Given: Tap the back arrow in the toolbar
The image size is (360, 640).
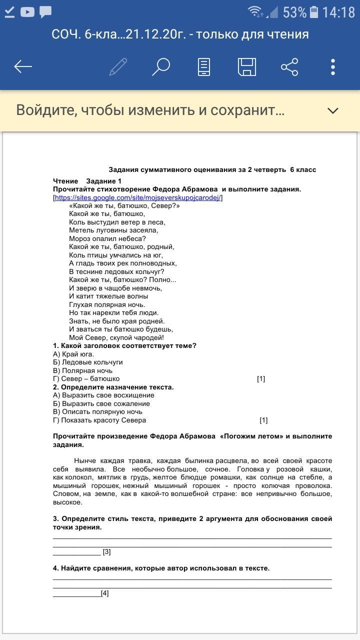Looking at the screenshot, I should click(23, 66).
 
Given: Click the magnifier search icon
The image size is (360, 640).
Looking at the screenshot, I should click(161, 66).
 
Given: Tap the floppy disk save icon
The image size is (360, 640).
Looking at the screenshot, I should click(246, 66).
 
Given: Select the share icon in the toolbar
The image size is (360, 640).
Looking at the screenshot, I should click(289, 66).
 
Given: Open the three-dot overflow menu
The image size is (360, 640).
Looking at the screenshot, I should click(333, 66).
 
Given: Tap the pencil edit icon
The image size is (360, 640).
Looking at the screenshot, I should click(118, 66).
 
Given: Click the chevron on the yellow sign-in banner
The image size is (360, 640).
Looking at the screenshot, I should click(333, 110).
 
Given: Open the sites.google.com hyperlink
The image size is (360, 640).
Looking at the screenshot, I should click(137, 197).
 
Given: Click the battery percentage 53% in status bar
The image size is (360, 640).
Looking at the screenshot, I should click(294, 12).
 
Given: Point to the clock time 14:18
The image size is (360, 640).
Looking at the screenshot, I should click(338, 12).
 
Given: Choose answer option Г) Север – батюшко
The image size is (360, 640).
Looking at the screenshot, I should click(86, 379).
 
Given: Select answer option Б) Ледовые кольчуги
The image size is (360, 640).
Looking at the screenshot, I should click(88, 362).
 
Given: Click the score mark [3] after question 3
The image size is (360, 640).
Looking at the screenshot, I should click(106, 552).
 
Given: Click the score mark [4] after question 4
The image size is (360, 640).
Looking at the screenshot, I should click(104, 593).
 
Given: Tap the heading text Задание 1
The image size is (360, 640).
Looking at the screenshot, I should click(104, 181).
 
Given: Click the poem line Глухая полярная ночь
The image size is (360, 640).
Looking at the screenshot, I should click(107, 304).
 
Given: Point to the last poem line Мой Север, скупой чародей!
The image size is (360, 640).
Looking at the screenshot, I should click(116, 337).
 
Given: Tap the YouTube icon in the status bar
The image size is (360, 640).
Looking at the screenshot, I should click(27, 12).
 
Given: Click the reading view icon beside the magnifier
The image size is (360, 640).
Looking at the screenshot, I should click(203, 66).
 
